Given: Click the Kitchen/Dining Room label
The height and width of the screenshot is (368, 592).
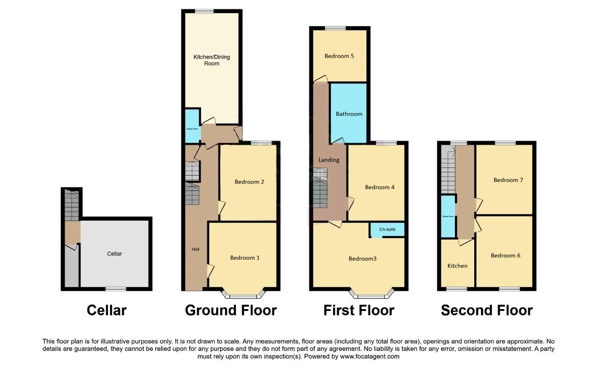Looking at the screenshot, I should click(x=212, y=60).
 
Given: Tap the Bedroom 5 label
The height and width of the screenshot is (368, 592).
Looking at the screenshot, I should click(x=339, y=56).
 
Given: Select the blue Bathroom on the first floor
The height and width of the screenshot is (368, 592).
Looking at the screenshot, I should click(x=349, y=114).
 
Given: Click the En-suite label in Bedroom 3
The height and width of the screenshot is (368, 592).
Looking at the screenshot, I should click(x=387, y=230).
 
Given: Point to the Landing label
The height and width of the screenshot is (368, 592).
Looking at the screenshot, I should click(x=329, y=160).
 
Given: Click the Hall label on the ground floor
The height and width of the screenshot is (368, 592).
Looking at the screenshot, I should click(x=195, y=249).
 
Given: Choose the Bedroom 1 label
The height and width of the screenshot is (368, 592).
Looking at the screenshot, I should click(x=245, y=257).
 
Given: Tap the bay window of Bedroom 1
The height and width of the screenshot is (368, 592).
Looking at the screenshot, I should click(x=243, y=296).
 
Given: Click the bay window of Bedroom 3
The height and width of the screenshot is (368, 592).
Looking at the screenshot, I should click(x=371, y=296).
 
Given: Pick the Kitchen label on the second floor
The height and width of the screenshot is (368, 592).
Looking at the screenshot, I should click(x=457, y=266).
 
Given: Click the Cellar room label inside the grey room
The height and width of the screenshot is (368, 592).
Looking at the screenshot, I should click(x=114, y=253).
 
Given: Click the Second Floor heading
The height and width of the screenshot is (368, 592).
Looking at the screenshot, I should click(x=486, y=310).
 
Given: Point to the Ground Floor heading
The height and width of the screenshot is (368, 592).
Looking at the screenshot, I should click(x=231, y=310).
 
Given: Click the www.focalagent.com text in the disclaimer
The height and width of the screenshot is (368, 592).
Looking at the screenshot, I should click(x=368, y=356).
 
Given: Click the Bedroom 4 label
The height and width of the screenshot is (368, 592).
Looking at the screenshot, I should click(x=379, y=187).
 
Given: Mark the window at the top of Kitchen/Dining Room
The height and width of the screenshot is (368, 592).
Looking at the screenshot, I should click(x=204, y=11).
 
